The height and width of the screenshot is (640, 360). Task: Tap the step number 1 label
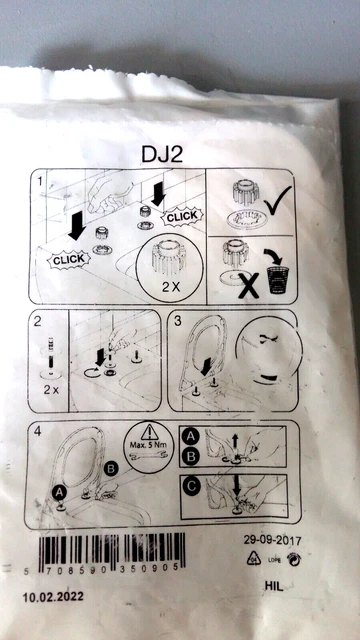[40, 183]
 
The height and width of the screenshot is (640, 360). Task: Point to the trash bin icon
[282, 277]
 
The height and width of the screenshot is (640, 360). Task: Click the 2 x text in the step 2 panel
[50, 387]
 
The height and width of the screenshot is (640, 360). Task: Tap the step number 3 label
[176, 324]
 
